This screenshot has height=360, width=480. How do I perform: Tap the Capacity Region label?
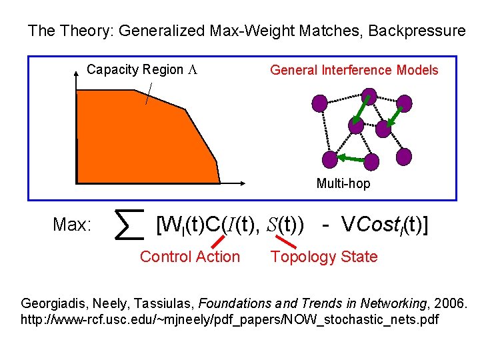135,70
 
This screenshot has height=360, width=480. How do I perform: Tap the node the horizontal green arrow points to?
329,159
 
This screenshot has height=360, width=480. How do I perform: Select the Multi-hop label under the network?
343,183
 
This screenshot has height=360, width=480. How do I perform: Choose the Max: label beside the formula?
72,225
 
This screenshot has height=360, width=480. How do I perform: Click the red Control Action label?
190,257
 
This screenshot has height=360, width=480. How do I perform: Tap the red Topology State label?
324,257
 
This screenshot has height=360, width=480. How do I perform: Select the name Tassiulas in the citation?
160,303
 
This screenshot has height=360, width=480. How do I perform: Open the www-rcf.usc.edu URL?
230,320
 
